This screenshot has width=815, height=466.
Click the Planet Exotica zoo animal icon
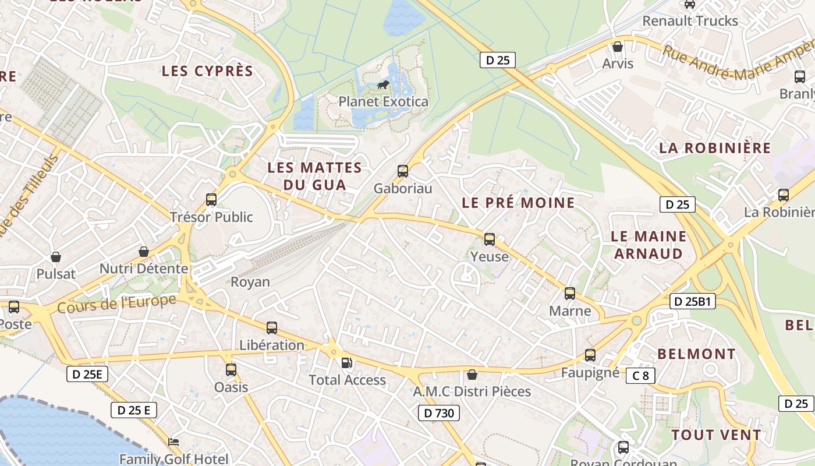point(383,85)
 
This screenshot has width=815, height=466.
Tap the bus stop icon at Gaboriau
point(402,171)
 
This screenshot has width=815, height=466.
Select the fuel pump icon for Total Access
point(346,363)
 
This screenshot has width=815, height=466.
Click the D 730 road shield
point(439,414)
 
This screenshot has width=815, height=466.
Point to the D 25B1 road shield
point(693,302)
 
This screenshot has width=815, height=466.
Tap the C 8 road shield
point(640,376)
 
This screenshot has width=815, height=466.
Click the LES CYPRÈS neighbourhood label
point(207,72)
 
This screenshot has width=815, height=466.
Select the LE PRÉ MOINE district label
point(518,203)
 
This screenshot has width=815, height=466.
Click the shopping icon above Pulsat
point(56,257)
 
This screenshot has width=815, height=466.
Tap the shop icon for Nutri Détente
point(143,252)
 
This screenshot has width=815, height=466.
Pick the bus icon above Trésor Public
point(211,200)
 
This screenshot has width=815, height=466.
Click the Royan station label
point(250,283)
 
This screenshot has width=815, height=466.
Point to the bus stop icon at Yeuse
point(490,239)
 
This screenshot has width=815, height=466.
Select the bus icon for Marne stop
point(570,294)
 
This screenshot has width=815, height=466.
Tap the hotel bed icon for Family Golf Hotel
point(173,442)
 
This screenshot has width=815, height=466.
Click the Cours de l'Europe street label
point(116,303)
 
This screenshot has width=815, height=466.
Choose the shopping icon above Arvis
point(618,47)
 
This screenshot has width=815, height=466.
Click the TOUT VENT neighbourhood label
point(716,435)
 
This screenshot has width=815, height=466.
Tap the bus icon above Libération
point(272,328)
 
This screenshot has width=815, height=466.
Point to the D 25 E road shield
point(134,410)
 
